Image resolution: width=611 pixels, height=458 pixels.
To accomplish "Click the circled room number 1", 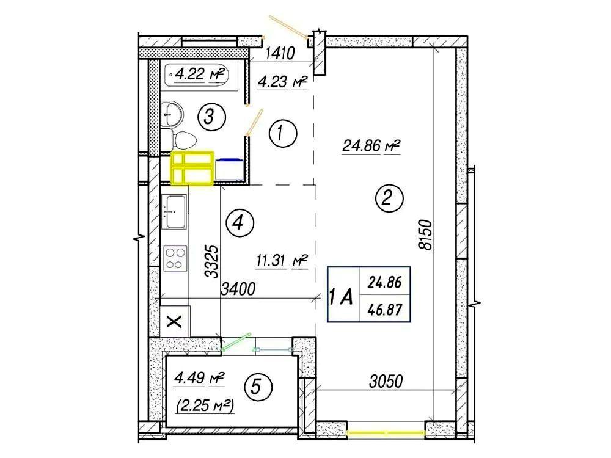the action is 283,134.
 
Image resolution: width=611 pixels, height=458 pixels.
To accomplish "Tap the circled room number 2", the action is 389,198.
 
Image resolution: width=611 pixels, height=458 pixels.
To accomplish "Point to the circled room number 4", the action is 240,223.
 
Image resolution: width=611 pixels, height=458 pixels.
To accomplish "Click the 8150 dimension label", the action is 425,234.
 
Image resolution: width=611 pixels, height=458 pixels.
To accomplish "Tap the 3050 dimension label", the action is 386,381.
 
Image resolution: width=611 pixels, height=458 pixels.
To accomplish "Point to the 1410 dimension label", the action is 280,53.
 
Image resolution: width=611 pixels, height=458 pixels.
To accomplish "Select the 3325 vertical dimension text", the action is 212,261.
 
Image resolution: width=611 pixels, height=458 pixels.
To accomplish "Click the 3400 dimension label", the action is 238,289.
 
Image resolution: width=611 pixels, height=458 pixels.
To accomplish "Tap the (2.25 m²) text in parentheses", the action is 205,407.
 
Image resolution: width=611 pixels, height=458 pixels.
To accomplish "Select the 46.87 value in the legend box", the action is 384,310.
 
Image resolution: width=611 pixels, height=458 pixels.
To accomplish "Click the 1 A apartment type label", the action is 342,297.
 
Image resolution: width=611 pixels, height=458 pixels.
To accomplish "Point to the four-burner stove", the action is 175,258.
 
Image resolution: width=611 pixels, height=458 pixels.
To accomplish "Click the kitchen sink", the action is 174,212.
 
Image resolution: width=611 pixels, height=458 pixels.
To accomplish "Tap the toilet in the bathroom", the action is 178,140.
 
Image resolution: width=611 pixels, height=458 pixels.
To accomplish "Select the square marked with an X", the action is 175,321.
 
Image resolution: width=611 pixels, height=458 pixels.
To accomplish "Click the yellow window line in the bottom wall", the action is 386,432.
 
